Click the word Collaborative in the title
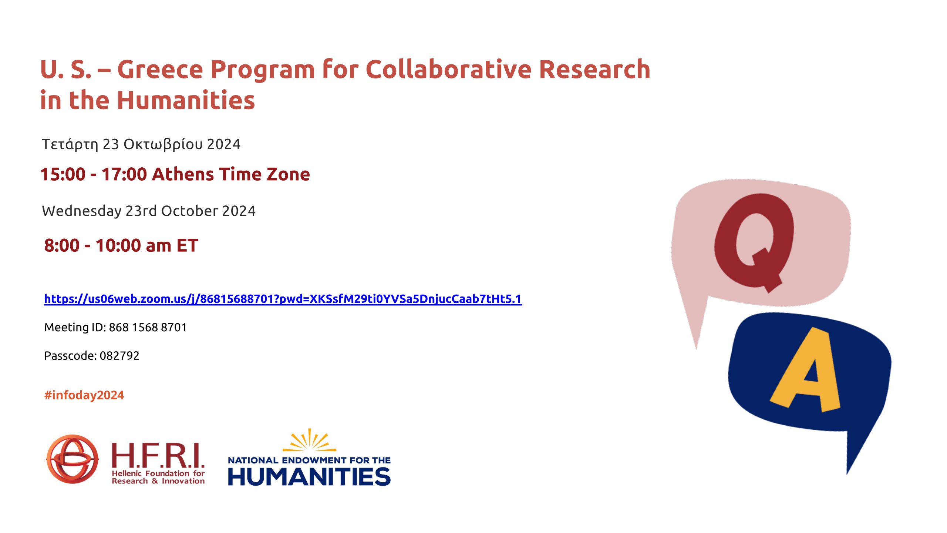tap(448, 69)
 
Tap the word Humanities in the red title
tap(186, 100)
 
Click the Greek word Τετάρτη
tap(70, 144)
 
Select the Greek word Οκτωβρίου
tap(163, 144)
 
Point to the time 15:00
tap(63, 174)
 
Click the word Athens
tap(183, 174)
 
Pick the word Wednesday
tap(82, 211)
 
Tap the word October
tap(189, 211)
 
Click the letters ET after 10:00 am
tap(187, 245)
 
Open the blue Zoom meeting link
tap(283, 299)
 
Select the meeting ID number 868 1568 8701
tap(148, 327)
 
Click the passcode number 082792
tap(119, 356)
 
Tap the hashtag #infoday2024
tap(84, 395)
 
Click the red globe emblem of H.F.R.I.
tap(73, 459)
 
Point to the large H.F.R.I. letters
tap(158, 455)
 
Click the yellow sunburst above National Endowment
tap(309, 440)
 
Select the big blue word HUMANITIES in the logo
tap(309, 476)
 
